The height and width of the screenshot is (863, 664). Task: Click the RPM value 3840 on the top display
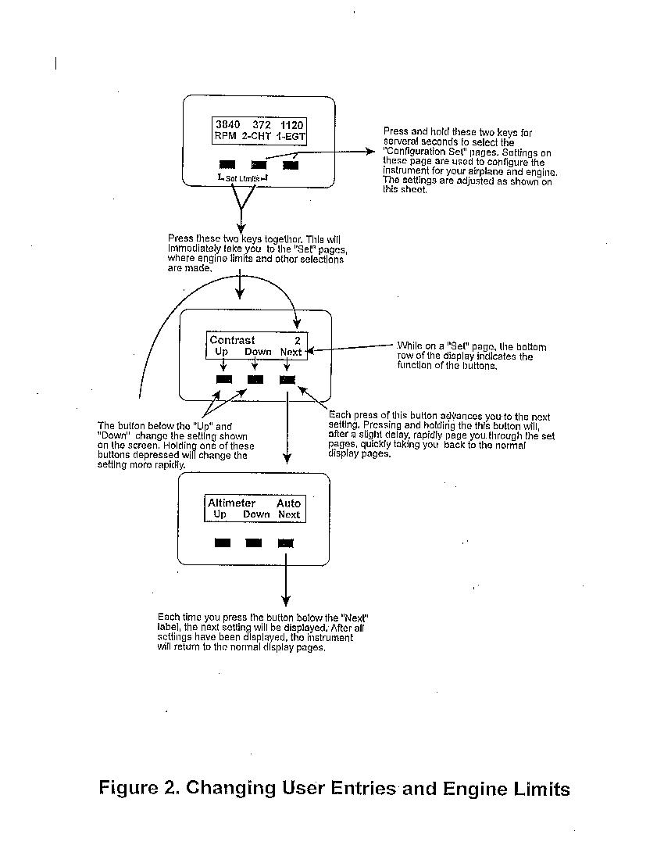pos(228,125)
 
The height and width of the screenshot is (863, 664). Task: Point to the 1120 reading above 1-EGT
pos(291,126)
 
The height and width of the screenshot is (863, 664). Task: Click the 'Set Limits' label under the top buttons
pos(243,178)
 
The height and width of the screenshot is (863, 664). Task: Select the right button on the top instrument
pos(291,165)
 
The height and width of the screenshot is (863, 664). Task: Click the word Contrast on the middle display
pos(232,340)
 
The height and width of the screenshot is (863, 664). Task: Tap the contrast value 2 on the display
pos(298,341)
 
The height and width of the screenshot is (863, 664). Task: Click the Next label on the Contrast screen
pos(291,352)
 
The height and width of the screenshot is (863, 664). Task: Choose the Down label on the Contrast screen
pos(258,352)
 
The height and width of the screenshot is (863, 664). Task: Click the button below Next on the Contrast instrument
pos(287,380)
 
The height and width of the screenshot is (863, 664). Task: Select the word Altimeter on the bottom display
pos(231,503)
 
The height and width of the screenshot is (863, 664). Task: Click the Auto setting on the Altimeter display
pos(288,503)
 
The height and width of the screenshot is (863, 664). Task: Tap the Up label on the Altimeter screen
pos(220,514)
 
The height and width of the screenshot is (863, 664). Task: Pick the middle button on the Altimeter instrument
pos(254,543)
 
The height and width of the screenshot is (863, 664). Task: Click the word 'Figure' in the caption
pos(128,788)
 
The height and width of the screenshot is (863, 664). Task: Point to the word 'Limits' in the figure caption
pos(542,790)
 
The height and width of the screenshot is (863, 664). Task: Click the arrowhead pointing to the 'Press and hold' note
pos(371,152)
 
